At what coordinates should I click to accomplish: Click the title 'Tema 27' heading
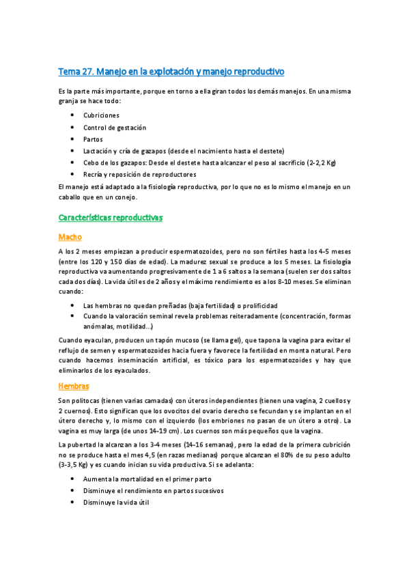click(x=171, y=71)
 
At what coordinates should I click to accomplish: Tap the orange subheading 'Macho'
click(x=70, y=237)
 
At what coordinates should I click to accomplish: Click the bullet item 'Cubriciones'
click(x=101, y=115)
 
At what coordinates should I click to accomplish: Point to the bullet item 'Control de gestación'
click(x=114, y=127)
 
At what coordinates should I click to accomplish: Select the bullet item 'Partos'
click(x=94, y=139)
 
